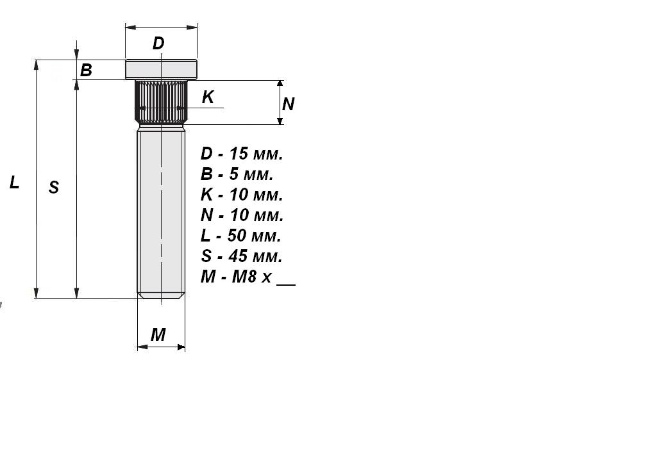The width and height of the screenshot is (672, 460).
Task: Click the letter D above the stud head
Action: click(x=158, y=44)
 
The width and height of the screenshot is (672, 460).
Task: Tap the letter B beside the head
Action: click(x=86, y=70)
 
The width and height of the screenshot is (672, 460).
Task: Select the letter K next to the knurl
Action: click(x=208, y=97)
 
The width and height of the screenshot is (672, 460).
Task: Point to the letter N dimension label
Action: click(x=289, y=104)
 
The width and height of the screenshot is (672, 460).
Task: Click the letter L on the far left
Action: click(x=15, y=183)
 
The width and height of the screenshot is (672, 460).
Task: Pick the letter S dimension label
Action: click(x=54, y=187)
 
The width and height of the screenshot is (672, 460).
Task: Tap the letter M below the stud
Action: click(x=158, y=334)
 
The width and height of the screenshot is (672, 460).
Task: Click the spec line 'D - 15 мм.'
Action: click(x=242, y=153)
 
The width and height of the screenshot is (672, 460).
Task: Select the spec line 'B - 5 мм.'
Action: click(x=237, y=174)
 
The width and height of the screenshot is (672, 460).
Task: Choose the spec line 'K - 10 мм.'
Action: click(x=242, y=195)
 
